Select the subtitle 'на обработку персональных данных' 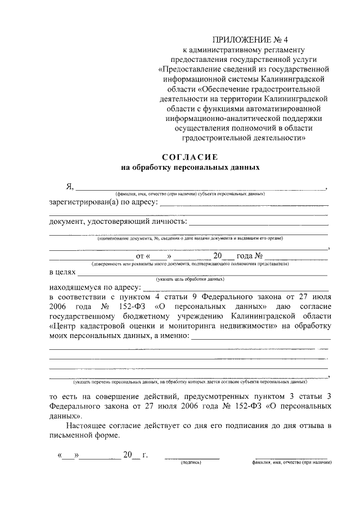190,167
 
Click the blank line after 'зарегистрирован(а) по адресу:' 244,205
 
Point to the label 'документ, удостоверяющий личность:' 118,221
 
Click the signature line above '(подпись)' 191,459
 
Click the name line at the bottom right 291,459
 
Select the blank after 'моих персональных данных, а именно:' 260,338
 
